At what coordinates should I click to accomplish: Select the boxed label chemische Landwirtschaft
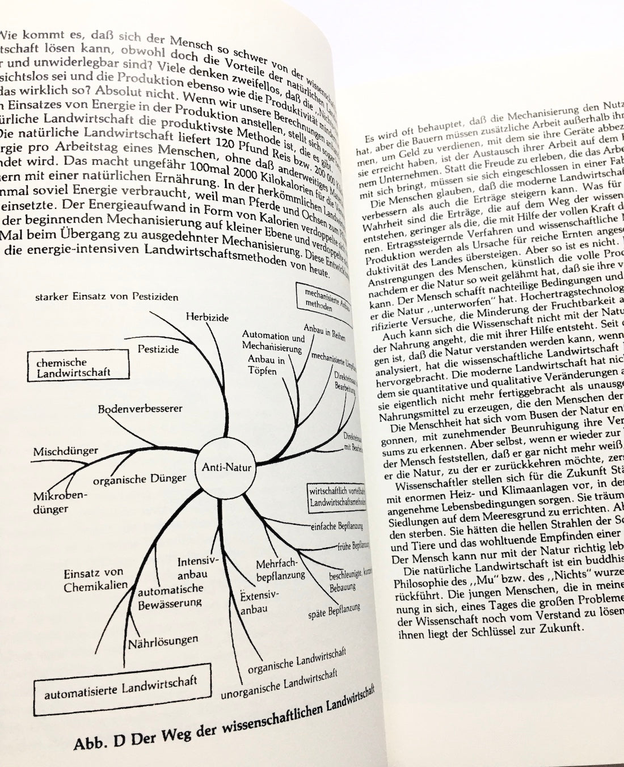(78, 367)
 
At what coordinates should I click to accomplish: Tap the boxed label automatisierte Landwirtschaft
(120, 689)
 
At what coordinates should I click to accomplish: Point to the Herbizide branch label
(207, 318)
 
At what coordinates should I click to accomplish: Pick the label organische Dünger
(139, 480)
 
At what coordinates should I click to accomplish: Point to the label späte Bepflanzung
(335, 612)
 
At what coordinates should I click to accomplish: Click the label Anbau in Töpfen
(265, 365)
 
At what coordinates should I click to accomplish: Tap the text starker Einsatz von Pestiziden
(107, 296)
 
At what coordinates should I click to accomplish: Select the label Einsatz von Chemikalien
(95, 580)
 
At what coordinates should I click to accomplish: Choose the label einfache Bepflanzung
(336, 525)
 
